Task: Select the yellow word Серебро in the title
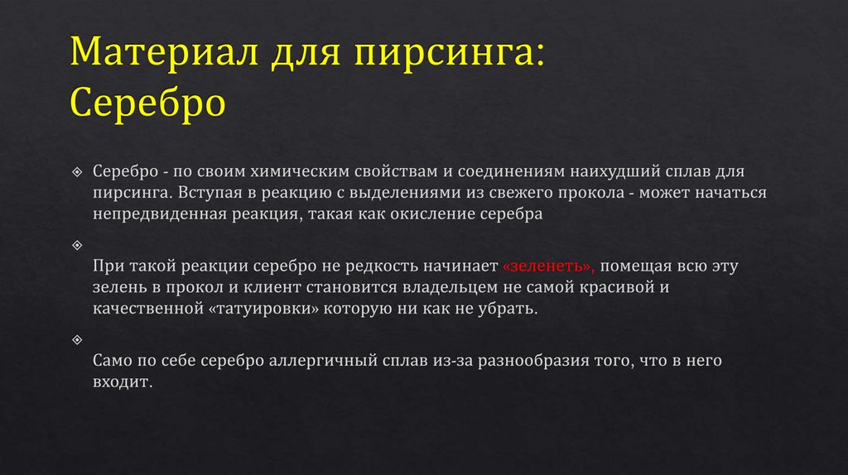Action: (148, 103)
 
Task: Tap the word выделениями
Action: (406, 193)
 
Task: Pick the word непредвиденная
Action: (153, 214)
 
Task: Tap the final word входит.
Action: (123, 384)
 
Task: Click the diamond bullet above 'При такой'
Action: (77, 245)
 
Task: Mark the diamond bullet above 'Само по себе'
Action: (77, 340)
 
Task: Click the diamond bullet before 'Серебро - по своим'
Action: (77, 171)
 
